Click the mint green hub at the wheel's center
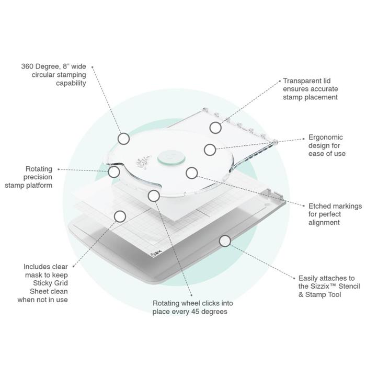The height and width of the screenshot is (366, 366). click(x=171, y=157)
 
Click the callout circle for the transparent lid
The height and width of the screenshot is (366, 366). click(x=215, y=128)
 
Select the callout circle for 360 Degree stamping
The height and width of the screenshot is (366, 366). click(x=123, y=139)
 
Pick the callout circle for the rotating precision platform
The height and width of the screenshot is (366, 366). click(x=114, y=172)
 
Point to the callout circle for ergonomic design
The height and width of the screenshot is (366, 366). click(x=210, y=150)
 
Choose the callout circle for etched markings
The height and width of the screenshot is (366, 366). click(x=192, y=173)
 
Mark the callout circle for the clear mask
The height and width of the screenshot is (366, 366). click(x=120, y=216)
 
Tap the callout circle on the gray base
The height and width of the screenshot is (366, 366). click(x=225, y=241)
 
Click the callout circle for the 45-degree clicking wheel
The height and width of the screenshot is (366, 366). click(x=154, y=196)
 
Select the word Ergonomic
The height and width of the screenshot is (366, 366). click(x=326, y=137)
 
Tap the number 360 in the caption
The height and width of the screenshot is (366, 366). click(x=27, y=66)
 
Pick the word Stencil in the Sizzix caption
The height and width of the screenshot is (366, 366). click(x=349, y=286)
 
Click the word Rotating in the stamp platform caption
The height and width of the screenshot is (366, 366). click(x=39, y=169)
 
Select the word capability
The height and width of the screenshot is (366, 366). click(x=71, y=83)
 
